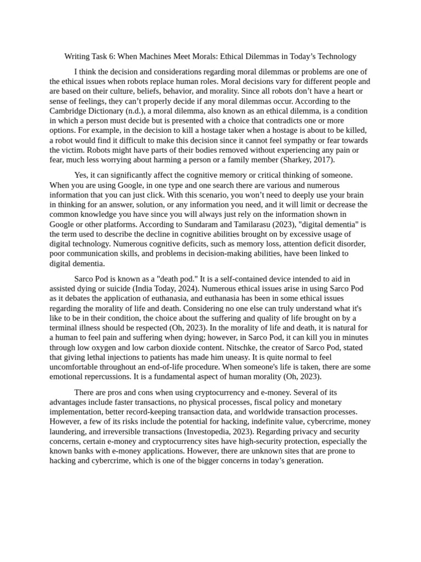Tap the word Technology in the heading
[x=336, y=57]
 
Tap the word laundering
[x=69, y=432]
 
